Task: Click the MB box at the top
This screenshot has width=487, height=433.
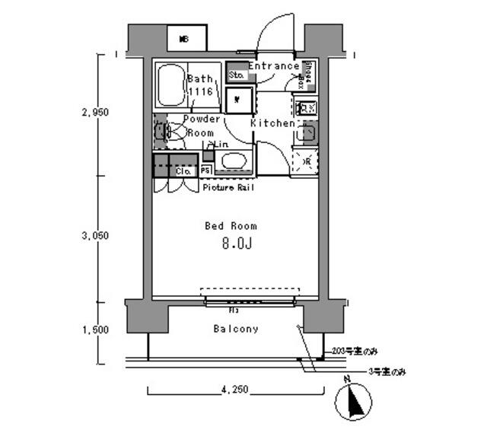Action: click(184, 38)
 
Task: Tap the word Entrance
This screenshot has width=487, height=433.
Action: click(273, 66)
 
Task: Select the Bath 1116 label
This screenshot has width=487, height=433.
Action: click(201, 84)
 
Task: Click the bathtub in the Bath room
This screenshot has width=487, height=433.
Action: click(172, 85)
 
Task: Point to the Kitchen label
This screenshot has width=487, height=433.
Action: click(272, 123)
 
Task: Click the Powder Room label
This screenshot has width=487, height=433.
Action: click(201, 126)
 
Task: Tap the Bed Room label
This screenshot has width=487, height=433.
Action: click(231, 226)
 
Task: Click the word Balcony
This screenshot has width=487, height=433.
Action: click(235, 329)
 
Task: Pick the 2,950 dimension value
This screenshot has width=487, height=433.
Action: click(95, 113)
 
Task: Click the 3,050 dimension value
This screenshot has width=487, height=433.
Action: click(95, 236)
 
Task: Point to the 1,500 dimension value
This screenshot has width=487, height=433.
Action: click(95, 330)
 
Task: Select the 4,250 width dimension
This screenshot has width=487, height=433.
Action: click(234, 390)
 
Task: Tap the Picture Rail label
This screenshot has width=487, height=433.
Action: click(228, 187)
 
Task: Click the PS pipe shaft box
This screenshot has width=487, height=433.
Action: click(205, 171)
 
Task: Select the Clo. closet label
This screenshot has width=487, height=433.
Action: click(183, 171)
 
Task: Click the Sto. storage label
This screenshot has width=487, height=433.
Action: click(236, 75)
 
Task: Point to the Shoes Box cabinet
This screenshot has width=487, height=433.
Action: click(308, 75)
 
